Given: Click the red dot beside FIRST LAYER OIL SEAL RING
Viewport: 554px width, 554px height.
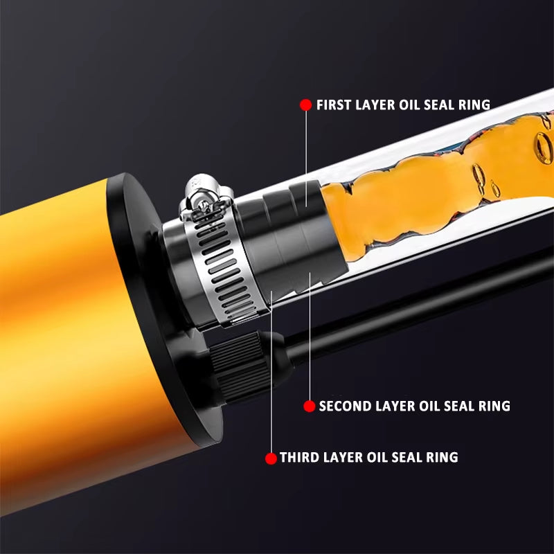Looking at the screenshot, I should pos(305,105).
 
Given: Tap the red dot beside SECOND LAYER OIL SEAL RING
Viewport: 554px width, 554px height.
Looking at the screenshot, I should pos(310,406).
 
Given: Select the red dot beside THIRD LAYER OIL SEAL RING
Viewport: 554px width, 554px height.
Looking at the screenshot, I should pos(271,458).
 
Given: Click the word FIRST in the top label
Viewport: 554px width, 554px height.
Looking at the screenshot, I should pos(333,105).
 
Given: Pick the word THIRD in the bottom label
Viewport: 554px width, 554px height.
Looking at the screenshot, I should pos(298,458).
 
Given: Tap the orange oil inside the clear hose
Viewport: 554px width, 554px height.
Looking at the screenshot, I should pos(429,187).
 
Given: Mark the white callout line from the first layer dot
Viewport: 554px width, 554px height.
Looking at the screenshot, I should pos(305,159).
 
